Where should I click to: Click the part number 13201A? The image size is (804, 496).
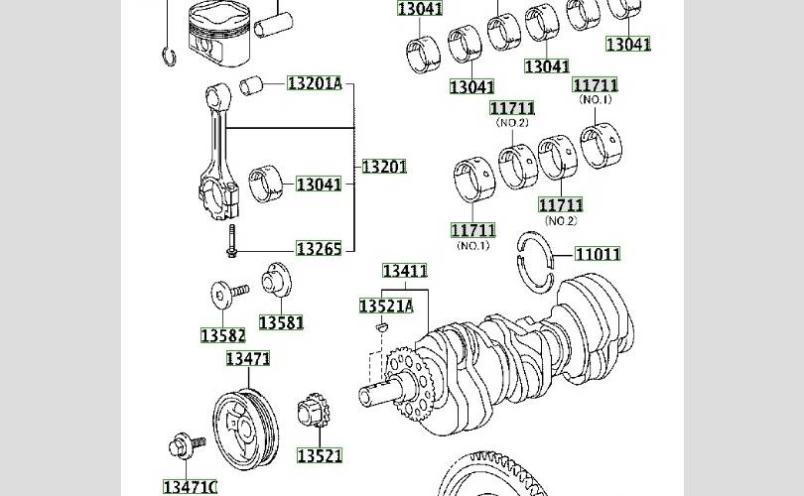pyautogui.click(x=315, y=83)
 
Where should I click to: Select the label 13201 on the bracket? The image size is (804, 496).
pyautogui.click(x=384, y=167)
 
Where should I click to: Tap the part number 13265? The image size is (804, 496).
pyautogui.click(x=319, y=249)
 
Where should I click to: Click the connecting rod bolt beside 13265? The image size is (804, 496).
pyautogui.click(x=231, y=241)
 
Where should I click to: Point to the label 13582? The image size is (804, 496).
pyautogui.click(x=223, y=335)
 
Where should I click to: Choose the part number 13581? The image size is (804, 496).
pyautogui.click(x=282, y=322)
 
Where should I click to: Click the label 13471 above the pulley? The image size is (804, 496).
pyautogui.click(x=248, y=359)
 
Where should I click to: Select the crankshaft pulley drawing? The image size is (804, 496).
pyautogui.click(x=245, y=430)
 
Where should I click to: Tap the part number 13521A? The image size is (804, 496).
pyautogui.click(x=386, y=306)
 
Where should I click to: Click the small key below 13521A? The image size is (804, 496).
pyautogui.click(x=382, y=326)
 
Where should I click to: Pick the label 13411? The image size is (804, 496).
pyautogui.click(x=405, y=271)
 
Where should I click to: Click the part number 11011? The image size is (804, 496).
pyautogui.click(x=598, y=254)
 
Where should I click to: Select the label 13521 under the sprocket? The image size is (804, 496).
pyautogui.click(x=320, y=455)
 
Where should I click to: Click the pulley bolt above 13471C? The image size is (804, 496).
pyautogui.click(x=187, y=445)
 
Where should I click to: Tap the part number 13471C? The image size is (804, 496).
pyautogui.click(x=191, y=487)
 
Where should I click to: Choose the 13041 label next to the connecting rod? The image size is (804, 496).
pyautogui.click(x=319, y=184)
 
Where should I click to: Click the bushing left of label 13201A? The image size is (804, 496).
pyautogui.click(x=251, y=85)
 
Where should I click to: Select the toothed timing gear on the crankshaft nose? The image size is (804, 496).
pyautogui.click(x=410, y=383)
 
